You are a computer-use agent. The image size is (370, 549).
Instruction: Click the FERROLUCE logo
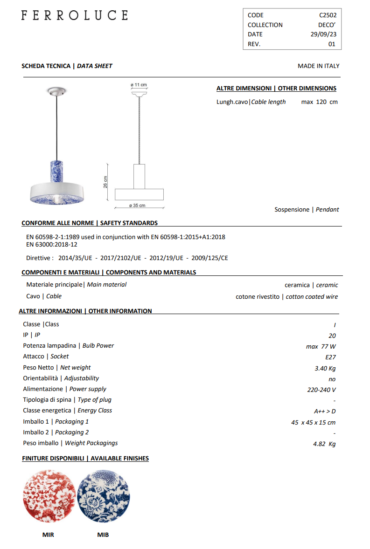pyautogui.click(x=74, y=15)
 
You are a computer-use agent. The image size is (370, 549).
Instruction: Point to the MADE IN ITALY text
pyautogui.click(x=318, y=66)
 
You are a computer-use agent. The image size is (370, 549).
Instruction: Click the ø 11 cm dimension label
pyautogui.click(x=139, y=85)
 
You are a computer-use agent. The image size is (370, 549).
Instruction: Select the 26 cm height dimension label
pyautogui.click(x=106, y=182)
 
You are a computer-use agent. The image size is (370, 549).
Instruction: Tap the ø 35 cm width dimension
pyautogui.click(x=137, y=206)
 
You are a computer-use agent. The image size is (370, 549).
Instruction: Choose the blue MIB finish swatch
pyautogui.click(x=103, y=496)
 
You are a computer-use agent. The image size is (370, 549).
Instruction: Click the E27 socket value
pyautogui.click(x=330, y=357)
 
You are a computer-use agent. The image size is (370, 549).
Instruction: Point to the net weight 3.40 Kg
pyautogui.click(x=325, y=368)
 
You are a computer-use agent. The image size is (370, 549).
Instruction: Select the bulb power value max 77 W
pyautogui.click(x=321, y=346)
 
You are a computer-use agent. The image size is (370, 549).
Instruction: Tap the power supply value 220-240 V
pyautogui.click(x=321, y=390)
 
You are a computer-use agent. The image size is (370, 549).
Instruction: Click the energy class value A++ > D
pyautogui.click(x=325, y=411)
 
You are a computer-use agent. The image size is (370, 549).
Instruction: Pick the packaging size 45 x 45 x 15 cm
pyautogui.click(x=313, y=422)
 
